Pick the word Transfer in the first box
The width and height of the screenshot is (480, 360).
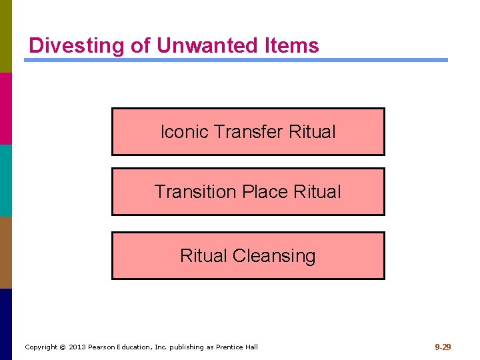[249, 132]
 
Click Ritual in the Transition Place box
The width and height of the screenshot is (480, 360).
[317, 192]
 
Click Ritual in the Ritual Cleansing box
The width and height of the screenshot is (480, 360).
[203, 256]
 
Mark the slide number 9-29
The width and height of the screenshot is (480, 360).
[443, 347]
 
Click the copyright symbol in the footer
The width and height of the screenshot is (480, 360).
[63, 347]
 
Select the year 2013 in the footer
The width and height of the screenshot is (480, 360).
[77, 347]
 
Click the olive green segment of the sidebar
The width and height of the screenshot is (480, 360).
[6, 36]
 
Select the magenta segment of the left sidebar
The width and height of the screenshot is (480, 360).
[6, 108]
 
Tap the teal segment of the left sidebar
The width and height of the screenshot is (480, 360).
[6, 180]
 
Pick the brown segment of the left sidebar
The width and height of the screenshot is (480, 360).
[6, 252]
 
